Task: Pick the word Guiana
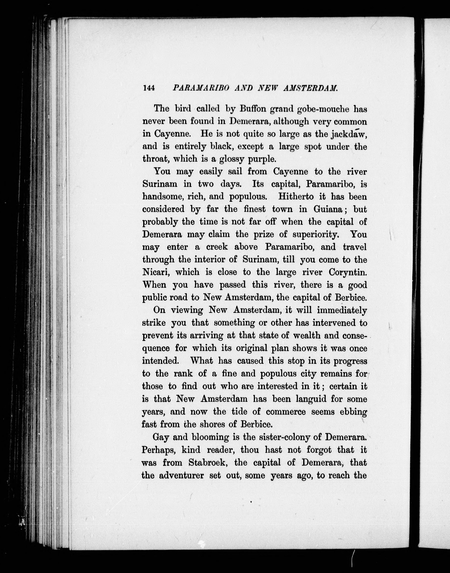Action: pyautogui.click(x=328, y=209)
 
